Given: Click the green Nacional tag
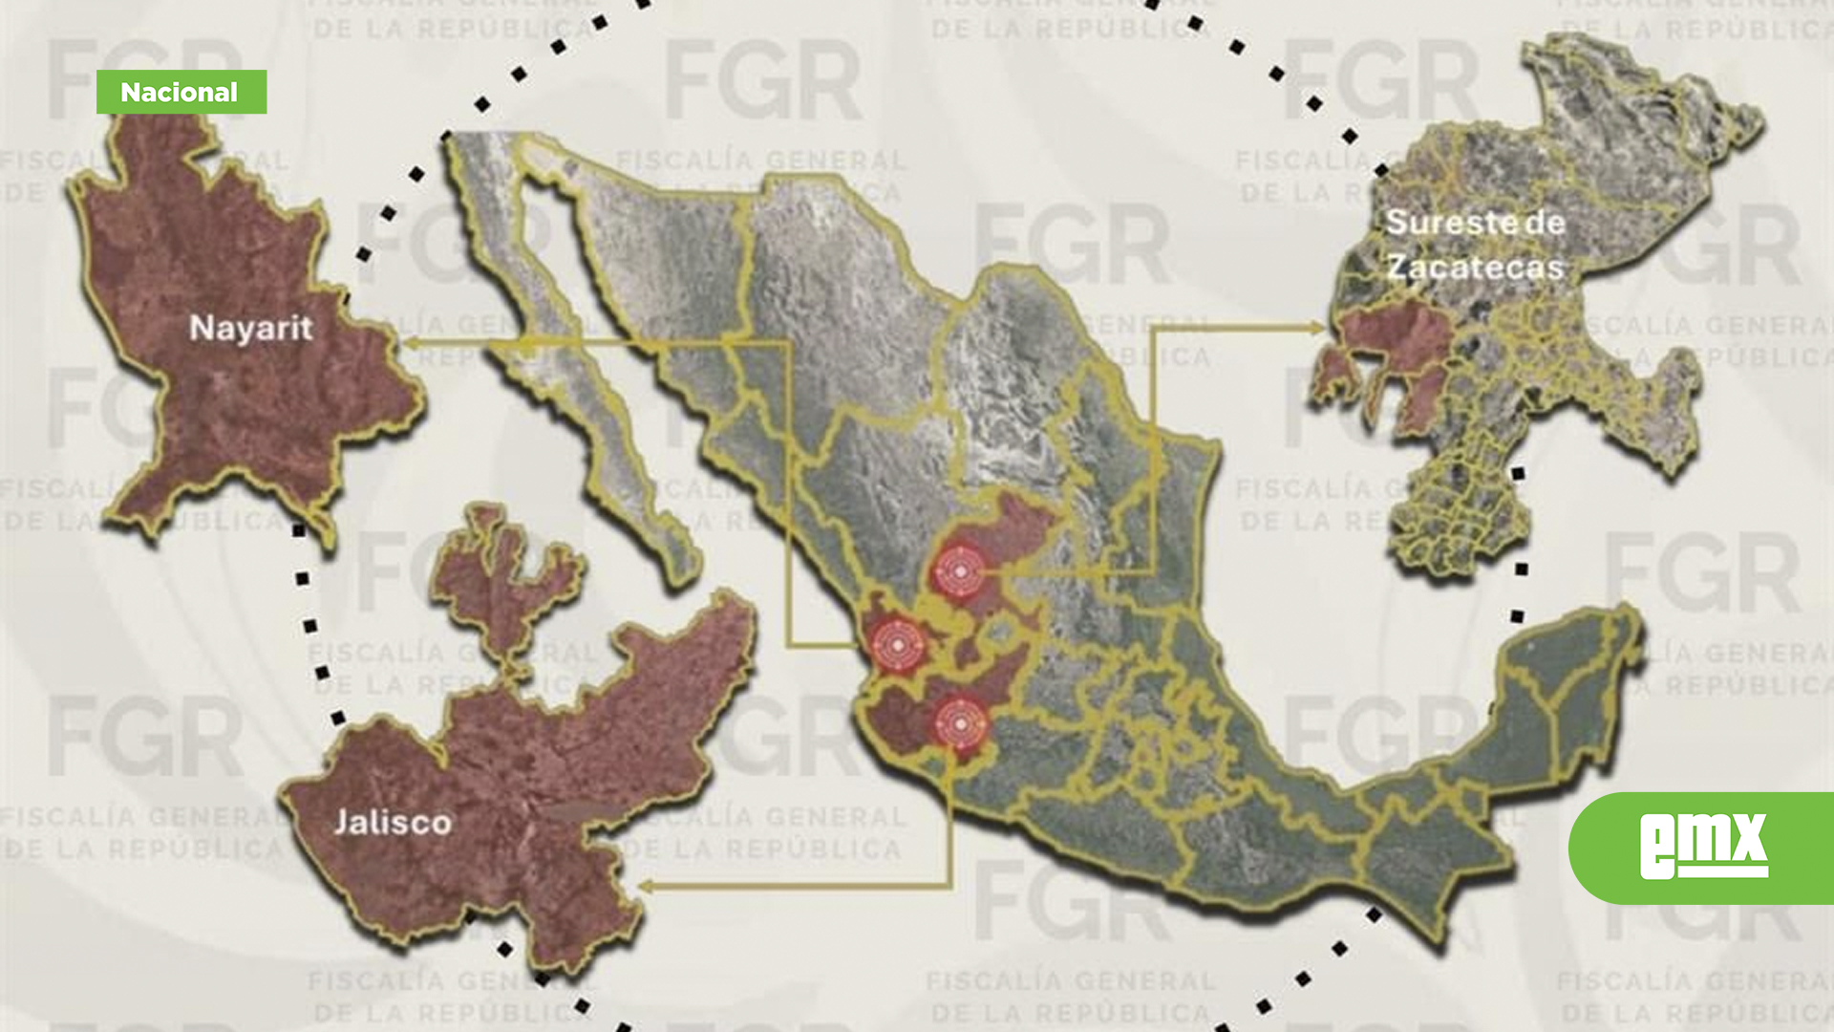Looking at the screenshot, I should [181, 92].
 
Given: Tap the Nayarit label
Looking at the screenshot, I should [250, 328].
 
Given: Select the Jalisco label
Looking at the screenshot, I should [392, 822].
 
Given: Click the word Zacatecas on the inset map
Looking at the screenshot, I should [1475, 267].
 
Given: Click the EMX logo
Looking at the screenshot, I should [1703, 847].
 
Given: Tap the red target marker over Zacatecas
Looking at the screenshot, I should [959, 571].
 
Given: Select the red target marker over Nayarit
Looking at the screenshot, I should [896, 646].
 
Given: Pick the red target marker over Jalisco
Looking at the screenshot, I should [959, 723].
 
